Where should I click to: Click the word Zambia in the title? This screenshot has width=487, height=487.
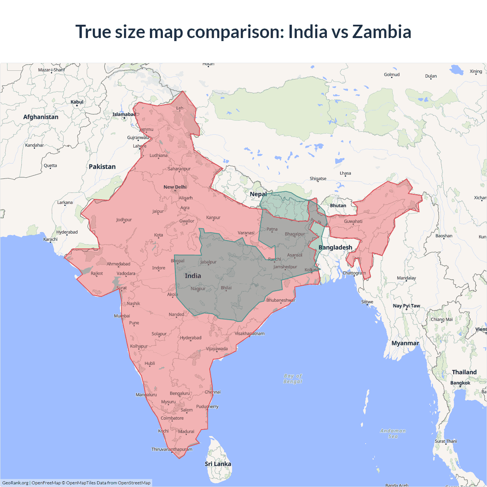382,32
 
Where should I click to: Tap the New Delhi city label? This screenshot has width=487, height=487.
175,187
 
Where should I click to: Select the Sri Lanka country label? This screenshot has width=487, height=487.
218,464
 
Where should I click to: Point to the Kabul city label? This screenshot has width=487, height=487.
77,102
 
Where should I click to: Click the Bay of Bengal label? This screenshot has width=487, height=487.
293,379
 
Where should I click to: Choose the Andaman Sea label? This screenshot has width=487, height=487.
393,433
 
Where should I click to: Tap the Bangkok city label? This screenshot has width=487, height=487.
460,383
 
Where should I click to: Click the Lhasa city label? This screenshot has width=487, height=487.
345,173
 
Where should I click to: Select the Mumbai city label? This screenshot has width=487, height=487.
122,316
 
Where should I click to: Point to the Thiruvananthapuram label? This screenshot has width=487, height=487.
172,449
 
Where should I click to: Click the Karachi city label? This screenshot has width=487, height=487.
51,239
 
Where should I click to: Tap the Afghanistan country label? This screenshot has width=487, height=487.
41,117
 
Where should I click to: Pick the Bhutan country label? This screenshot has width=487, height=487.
338,205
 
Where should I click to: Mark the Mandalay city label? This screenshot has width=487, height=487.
406,278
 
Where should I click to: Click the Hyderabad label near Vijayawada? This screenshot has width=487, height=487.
191,338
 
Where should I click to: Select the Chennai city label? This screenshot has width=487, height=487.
213,392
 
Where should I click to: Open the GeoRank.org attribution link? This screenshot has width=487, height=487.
15,483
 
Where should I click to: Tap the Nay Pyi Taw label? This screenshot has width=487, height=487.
406,306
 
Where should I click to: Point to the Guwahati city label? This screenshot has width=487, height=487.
353,221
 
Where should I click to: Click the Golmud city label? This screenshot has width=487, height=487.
392,75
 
